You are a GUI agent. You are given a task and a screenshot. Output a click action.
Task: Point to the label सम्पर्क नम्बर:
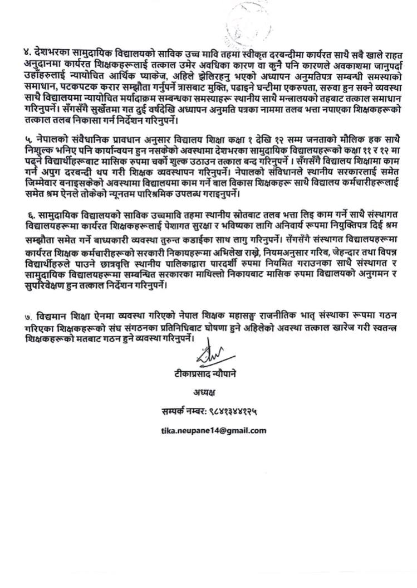(180, 411)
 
